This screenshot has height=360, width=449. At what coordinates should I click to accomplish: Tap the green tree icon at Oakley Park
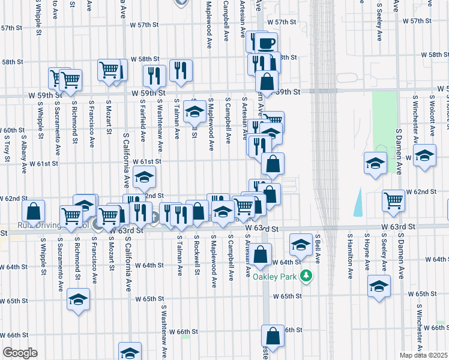306,276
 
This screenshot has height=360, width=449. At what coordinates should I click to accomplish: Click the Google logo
19,353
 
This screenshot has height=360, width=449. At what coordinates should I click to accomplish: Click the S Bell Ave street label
319,250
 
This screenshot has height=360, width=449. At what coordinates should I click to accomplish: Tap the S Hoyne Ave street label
367,252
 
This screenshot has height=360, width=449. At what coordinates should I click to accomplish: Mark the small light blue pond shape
358,202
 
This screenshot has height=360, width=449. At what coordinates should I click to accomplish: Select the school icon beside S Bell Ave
300,244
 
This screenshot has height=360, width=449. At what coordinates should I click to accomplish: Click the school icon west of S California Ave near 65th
78,299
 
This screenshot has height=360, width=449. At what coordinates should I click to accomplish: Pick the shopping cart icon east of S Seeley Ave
394,200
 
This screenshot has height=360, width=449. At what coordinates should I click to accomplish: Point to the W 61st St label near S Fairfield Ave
146,162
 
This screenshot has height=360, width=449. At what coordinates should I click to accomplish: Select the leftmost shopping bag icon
33,211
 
